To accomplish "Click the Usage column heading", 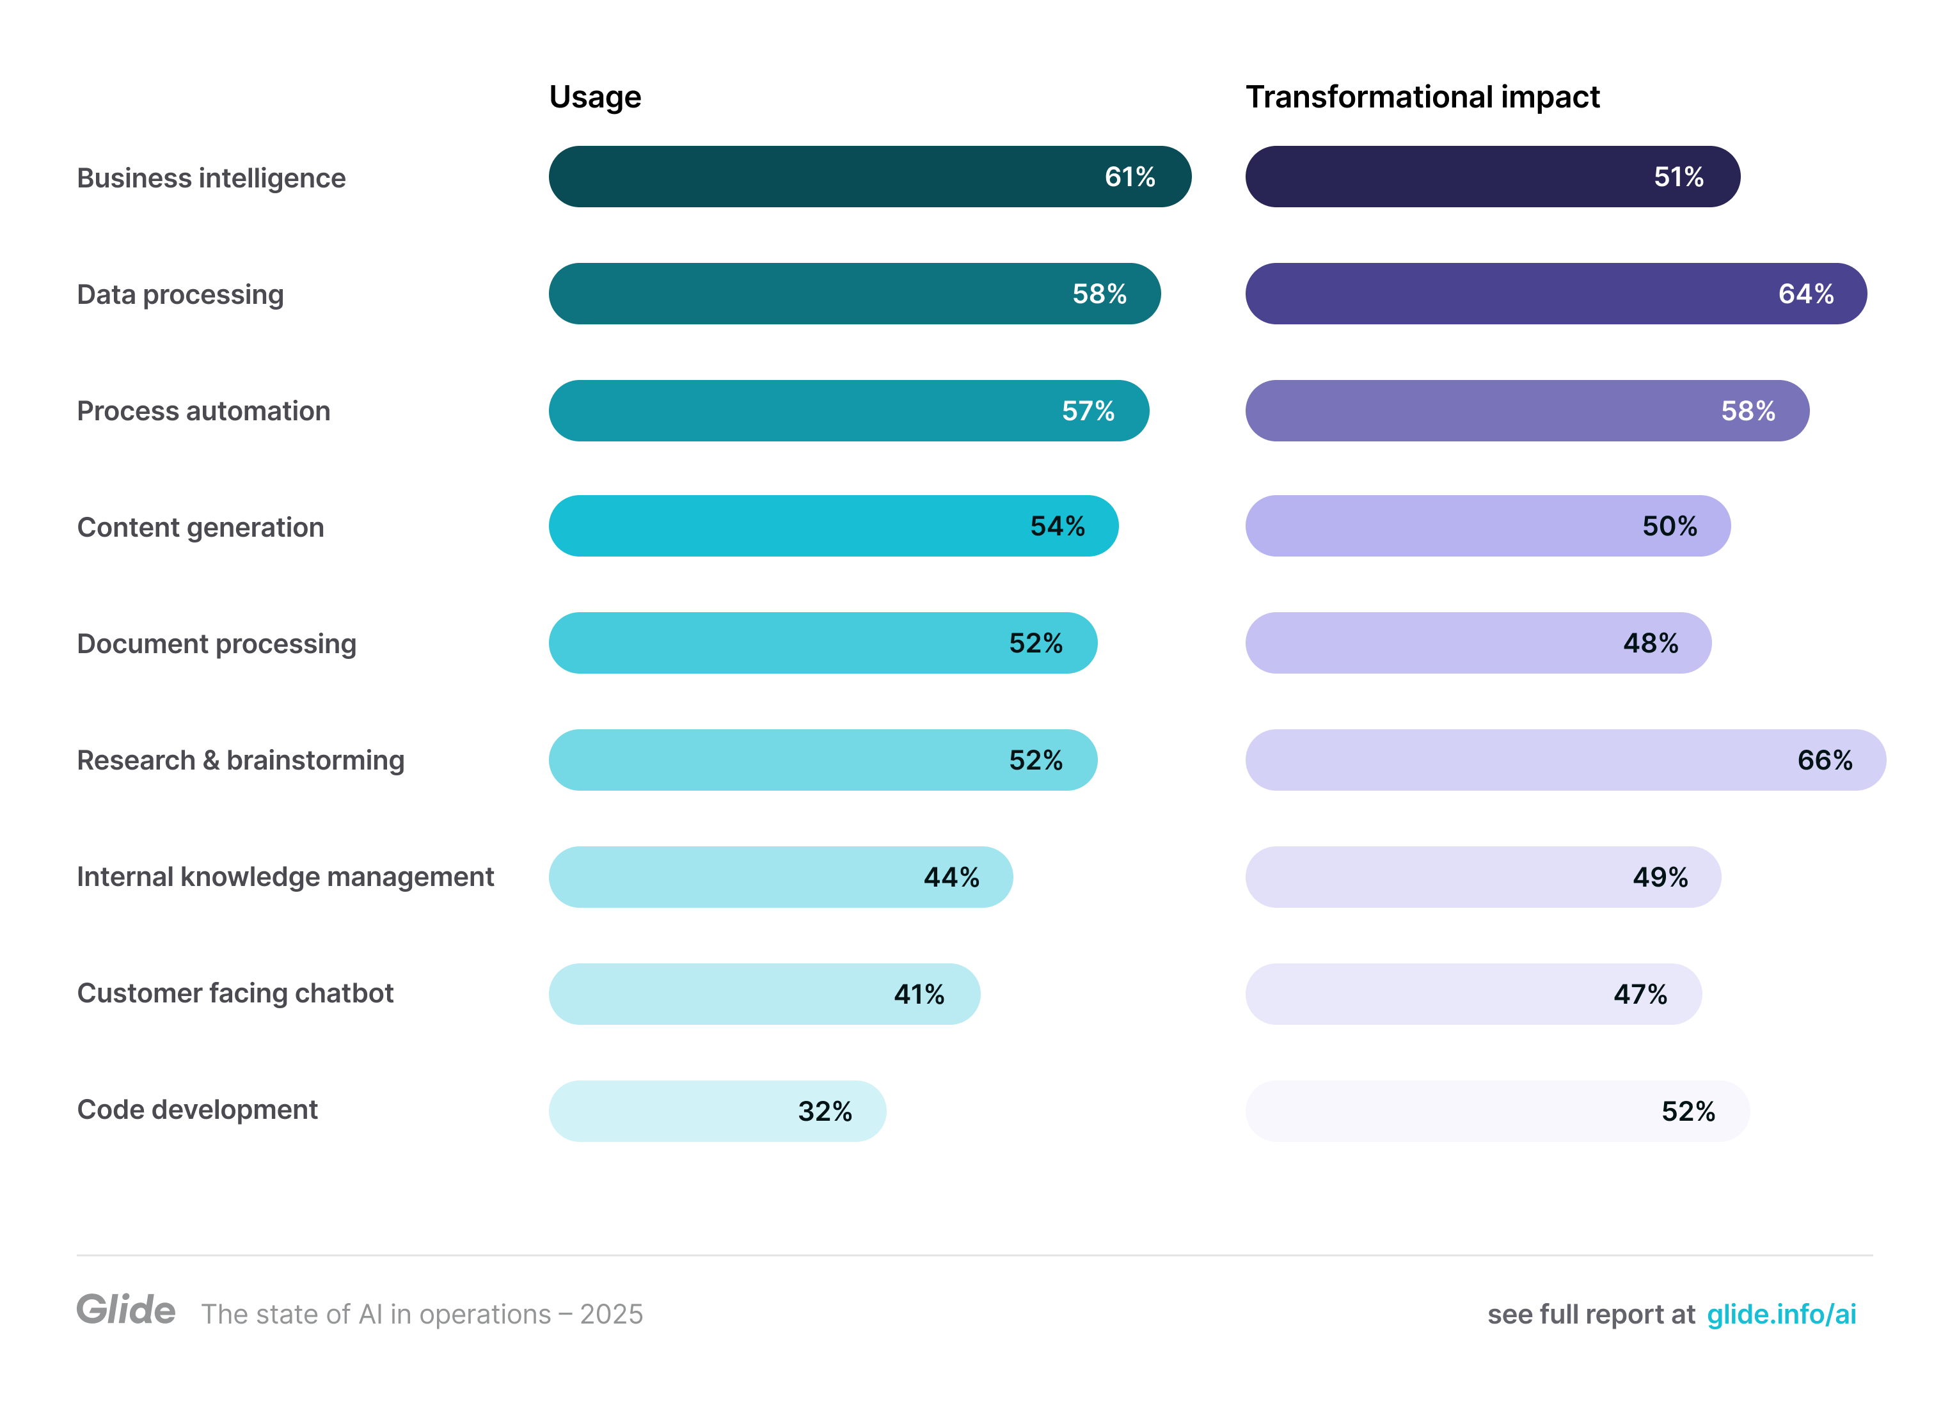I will click(x=595, y=97).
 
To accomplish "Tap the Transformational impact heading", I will click(x=1422, y=97).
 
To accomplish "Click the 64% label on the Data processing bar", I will click(x=1805, y=294).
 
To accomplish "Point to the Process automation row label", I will click(x=204, y=411).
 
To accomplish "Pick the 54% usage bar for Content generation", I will click(x=832, y=526).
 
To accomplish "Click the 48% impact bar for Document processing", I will click(x=1477, y=643).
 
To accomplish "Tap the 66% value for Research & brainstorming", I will click(x=1825, y=760).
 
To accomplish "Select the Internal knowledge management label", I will click(x=285, y=877).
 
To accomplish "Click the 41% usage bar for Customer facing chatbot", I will click(x=763, y=993).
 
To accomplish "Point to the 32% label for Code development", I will click(x=825, y=1111).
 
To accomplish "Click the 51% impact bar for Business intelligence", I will click(x=1492, y=177).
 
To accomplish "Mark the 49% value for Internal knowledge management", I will click(x=1660, y=877).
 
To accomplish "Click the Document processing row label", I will click(x=217, y=644).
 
